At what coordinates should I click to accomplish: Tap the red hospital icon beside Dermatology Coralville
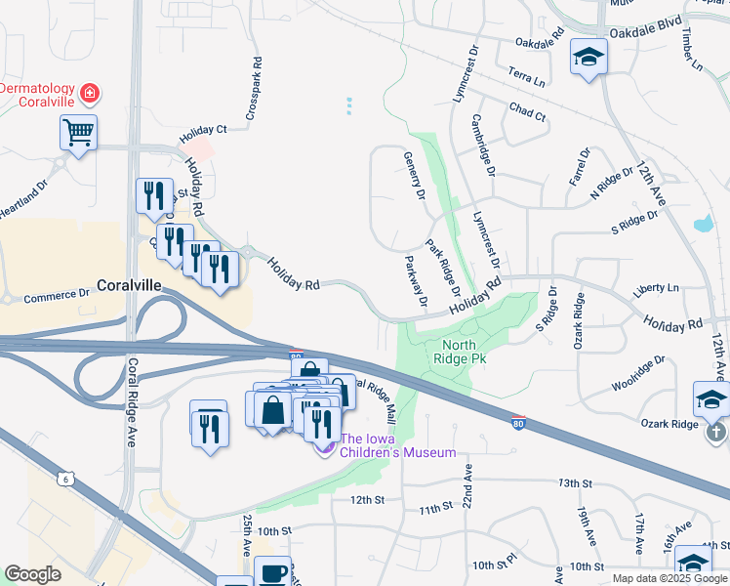(x=90, y=94)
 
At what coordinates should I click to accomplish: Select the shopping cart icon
(x=78, y=131)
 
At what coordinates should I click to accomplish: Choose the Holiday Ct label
(x=202, y=129)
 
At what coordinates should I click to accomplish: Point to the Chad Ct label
(x=527, y=113)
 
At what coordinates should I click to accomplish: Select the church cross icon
(x=716, y=431)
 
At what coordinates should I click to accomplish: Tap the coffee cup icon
(x=272, y=571)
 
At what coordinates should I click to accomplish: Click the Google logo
(x=32, y=574)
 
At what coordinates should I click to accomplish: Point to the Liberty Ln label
(x=655, y=289)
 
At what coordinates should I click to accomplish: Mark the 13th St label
(x=575, y=483)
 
